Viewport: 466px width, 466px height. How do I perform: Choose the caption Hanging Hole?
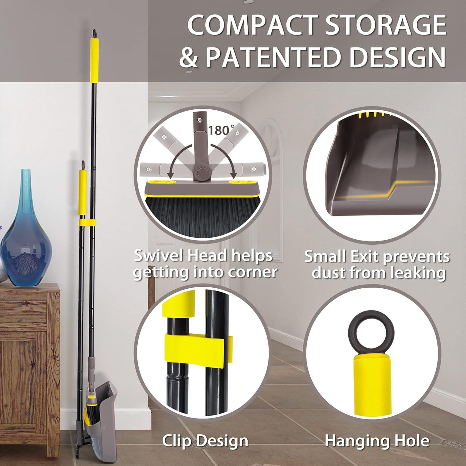(377, 441)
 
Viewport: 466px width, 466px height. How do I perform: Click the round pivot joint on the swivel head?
(202, 172)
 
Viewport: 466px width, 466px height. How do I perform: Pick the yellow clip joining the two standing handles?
(87, 223)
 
